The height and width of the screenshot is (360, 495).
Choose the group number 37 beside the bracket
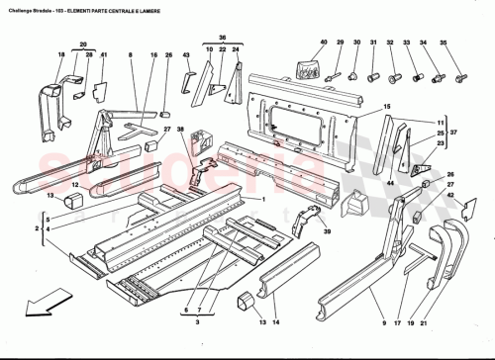click(453, 132)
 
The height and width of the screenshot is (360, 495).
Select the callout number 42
click(452, 196)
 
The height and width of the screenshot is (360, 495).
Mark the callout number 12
click(74, 184)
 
